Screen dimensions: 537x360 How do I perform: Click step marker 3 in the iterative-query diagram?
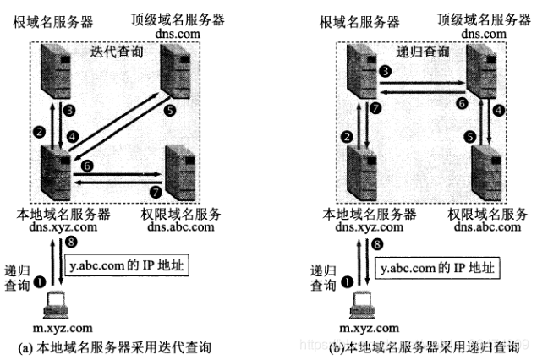click(x=69, y=111)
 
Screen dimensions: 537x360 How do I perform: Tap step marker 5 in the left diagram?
click(x=170, y=110)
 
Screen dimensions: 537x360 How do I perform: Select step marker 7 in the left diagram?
click(x=156, y=192)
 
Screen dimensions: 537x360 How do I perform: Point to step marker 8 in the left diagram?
click(x=71, y=243)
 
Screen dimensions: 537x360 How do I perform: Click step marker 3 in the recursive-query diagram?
click(x=386, y=71)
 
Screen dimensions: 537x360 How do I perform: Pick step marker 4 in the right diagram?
click(x=499, y=110)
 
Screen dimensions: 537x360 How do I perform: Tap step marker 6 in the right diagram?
click(x=462, y=103)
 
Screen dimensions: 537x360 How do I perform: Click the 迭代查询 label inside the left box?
click(x=117, y=52)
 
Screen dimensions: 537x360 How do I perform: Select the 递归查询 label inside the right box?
click(x=423, y=52)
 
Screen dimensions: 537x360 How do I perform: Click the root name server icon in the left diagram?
click(x=56, y=71)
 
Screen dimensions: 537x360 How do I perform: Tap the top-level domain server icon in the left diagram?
click(x=175, y=71)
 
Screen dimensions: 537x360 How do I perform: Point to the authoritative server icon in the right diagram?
click(x=486, y=172)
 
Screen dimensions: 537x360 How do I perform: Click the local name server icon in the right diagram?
click(x=362, y=172)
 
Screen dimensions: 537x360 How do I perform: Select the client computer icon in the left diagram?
click(x=56, y=305)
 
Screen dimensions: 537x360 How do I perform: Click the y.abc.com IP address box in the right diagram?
click(x=438, y=268)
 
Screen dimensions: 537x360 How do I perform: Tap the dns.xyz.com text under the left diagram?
click(x=63, y=226)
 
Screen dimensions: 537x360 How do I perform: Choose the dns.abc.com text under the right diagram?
click(x=487, y=226)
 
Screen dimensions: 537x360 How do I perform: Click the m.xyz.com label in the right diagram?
click(x=370, y=328)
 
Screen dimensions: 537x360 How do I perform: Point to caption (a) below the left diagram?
click(x=114, y=347)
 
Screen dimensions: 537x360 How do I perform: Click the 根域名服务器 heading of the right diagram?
click(x=359, y=22)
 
